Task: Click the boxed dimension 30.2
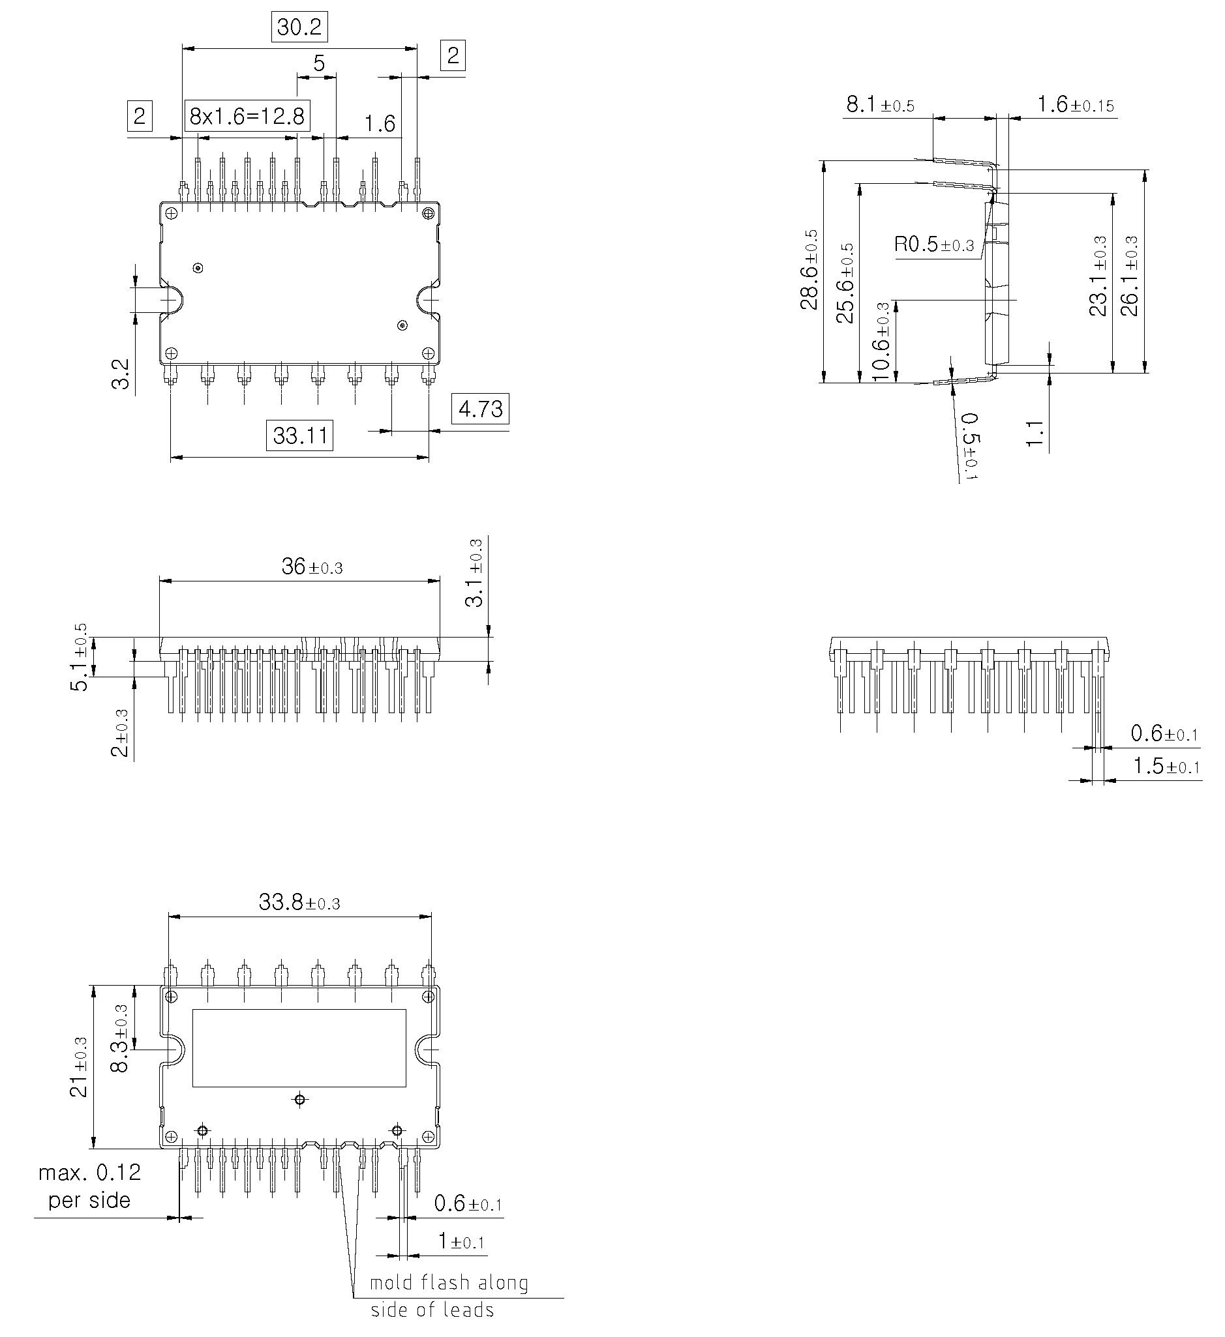click(299, 27)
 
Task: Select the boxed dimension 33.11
click(299, 435)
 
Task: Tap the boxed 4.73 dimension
click(480, 409)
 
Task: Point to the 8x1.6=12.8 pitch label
click(247, 117)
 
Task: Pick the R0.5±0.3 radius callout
click(933, 244)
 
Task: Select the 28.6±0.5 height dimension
click(810, 269)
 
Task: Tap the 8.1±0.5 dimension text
click(880, 105)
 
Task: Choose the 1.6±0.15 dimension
click(1075, 105)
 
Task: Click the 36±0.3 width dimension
click(312, 567)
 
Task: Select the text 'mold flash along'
click(449, 1283)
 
